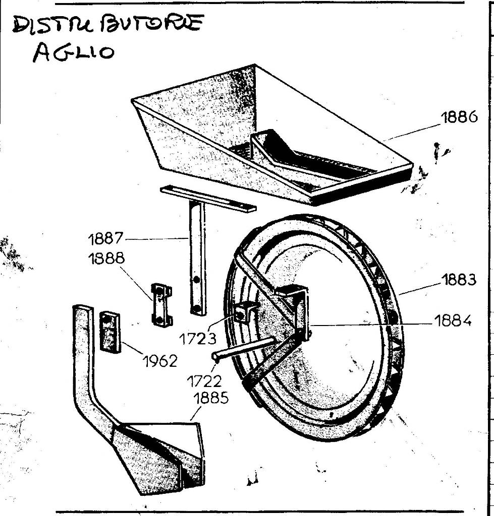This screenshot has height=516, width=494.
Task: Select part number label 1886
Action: (x=459, y=117)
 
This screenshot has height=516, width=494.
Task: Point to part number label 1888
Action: (x=106, y=259)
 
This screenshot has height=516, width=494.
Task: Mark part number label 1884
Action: (x=453, y=321)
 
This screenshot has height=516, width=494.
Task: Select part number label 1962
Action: (x=160, y=361)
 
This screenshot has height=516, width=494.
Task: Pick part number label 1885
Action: (x=211, y=398)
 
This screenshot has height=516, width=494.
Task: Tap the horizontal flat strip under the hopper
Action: (x=208, y=198)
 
